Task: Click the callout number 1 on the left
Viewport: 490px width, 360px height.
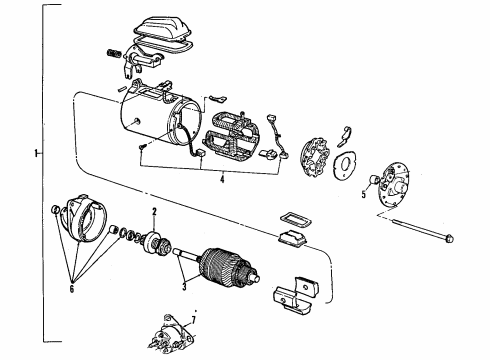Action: click(35, 153)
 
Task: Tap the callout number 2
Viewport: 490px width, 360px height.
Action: click(154, 212)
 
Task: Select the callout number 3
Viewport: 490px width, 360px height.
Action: click(184, 286)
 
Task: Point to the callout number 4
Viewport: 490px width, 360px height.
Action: click(222, 179)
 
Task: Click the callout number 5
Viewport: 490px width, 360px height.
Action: click(364, 194)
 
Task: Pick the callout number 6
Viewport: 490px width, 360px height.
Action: click(72, 289)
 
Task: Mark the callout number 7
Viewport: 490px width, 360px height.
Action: click(194, 320)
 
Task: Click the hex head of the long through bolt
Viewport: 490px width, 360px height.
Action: click(449, 238)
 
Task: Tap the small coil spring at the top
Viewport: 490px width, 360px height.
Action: click(112, 53)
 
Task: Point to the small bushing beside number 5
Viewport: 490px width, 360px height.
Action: click(375, 180)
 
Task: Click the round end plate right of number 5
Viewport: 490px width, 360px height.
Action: click(394, 186)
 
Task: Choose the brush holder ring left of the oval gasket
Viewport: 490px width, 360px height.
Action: click(314, 158)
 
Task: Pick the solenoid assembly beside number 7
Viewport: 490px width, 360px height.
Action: click(170, 334)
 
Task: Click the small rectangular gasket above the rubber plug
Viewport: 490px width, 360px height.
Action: click(295, 220)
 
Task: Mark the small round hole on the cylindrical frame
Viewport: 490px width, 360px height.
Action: click(137, 120)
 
